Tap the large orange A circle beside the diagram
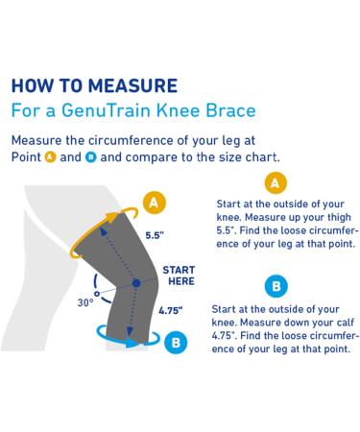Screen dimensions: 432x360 153,203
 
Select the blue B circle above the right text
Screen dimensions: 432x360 276,286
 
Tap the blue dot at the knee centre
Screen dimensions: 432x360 136,283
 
